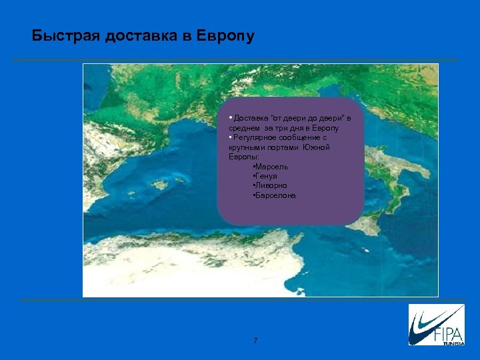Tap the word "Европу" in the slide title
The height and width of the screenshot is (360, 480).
[226, 36]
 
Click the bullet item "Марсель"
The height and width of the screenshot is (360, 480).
[271, 165]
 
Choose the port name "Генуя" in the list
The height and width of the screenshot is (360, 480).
[267, 175]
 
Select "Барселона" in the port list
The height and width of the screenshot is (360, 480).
[275, 196]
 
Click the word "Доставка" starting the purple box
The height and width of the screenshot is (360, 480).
[249, 118]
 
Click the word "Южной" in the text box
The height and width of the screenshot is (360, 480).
[317, 147]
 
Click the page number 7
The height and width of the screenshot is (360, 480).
[255, 341]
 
